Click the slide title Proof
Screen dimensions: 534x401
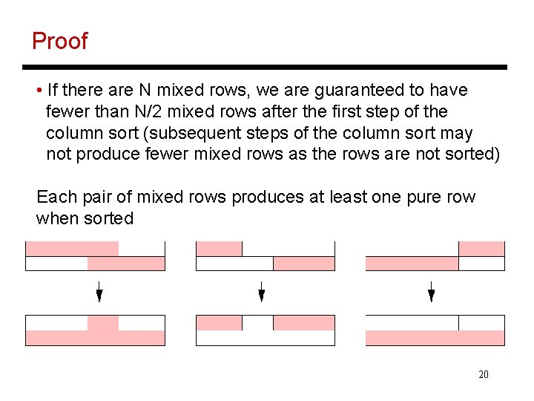click(x=59, y=41)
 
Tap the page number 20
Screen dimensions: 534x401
click(x=484, y=374)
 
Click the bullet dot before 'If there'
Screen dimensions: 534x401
click(x=38, y=91)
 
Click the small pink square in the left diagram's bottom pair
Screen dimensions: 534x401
click(x=103, y=323)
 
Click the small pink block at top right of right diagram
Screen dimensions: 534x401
click(x=481, y=249)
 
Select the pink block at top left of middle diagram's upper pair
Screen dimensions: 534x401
click(x=219, y=249)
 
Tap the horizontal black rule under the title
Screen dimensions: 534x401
click(x=267, y=68)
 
